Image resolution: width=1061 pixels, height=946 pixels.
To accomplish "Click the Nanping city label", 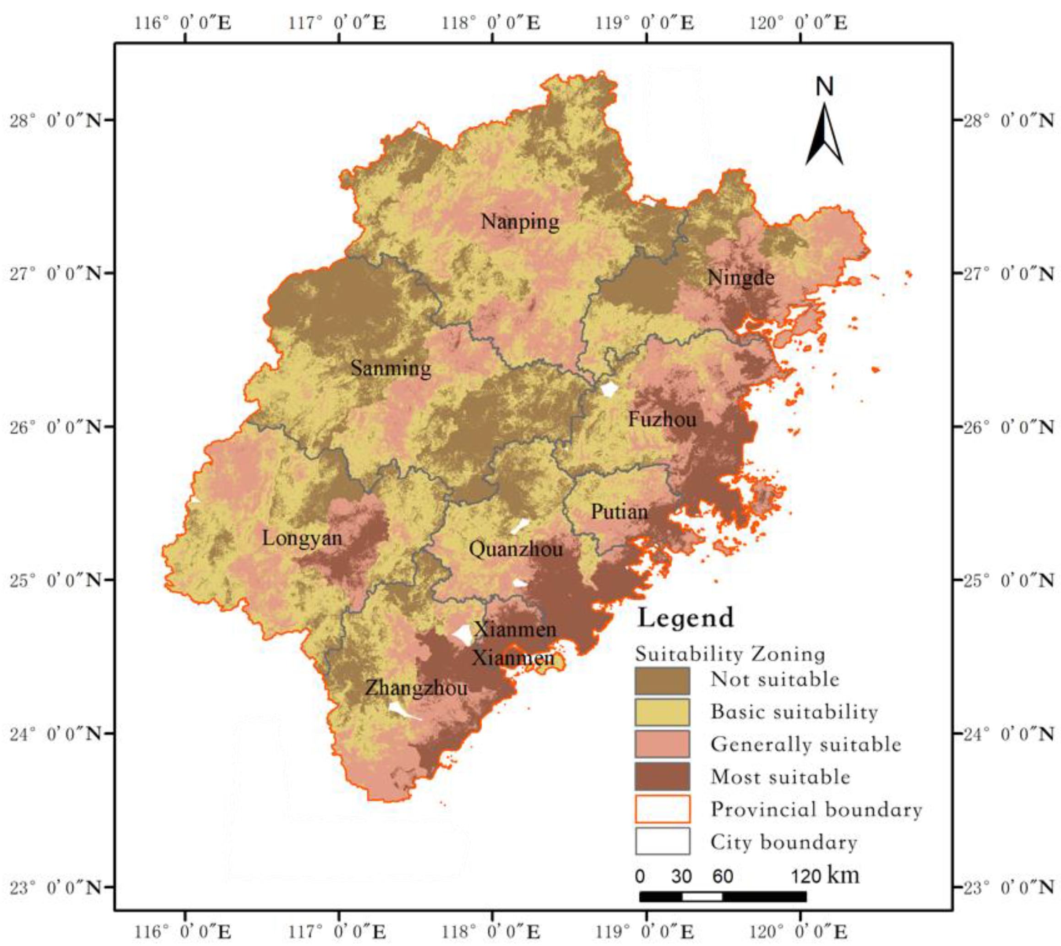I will click(x=520, y=222).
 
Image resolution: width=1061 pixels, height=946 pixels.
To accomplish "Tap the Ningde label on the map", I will click(x=741, y=277).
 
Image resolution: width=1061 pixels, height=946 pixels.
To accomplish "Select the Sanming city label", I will click(x=391, y=369).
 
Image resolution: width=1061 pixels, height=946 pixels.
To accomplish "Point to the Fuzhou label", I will click(x=662, y=419).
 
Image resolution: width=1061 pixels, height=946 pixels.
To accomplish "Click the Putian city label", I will click(x=619, y=512).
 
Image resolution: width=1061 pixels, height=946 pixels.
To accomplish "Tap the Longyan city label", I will click(x=302, y=538).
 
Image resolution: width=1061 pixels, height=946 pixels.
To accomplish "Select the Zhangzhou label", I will click(x=416, y=688).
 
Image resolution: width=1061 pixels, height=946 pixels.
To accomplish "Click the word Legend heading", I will click(x=686, y=618).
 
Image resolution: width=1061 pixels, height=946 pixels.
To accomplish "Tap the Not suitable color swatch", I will click(x=662, y=681).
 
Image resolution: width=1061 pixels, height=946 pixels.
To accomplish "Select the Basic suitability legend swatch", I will click(x=662, y=712).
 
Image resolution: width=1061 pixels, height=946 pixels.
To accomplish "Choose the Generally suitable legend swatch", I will click(x=662, y=745).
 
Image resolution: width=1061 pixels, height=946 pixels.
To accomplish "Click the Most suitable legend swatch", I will click(x=662, y=777).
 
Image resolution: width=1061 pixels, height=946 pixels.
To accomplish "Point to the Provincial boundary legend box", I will click(x=662, y=809).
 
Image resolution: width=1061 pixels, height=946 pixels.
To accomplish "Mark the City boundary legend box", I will click(x=662, y=841).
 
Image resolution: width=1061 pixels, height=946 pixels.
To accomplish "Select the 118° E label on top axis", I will click(x=491, y=23).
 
